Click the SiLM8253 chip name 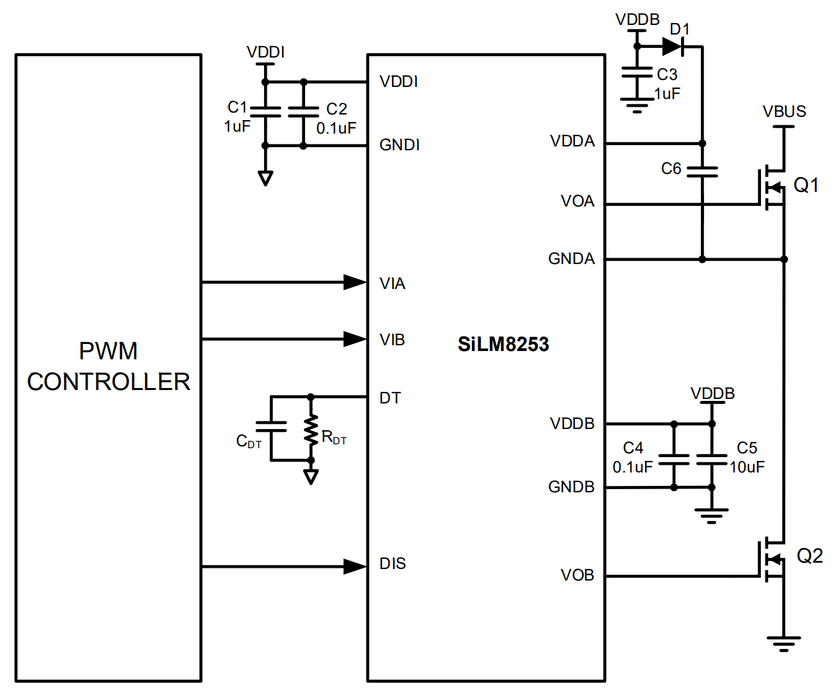503,345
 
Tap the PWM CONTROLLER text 109,366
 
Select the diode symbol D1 673,46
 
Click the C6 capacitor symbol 702,171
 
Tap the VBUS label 784,112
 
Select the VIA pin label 392,284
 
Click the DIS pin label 393,564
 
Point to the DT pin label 390,398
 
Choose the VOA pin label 577,202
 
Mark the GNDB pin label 571,487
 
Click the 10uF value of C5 747,467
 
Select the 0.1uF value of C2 336,129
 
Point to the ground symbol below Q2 783,643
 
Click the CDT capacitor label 249,441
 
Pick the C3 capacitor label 667,75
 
